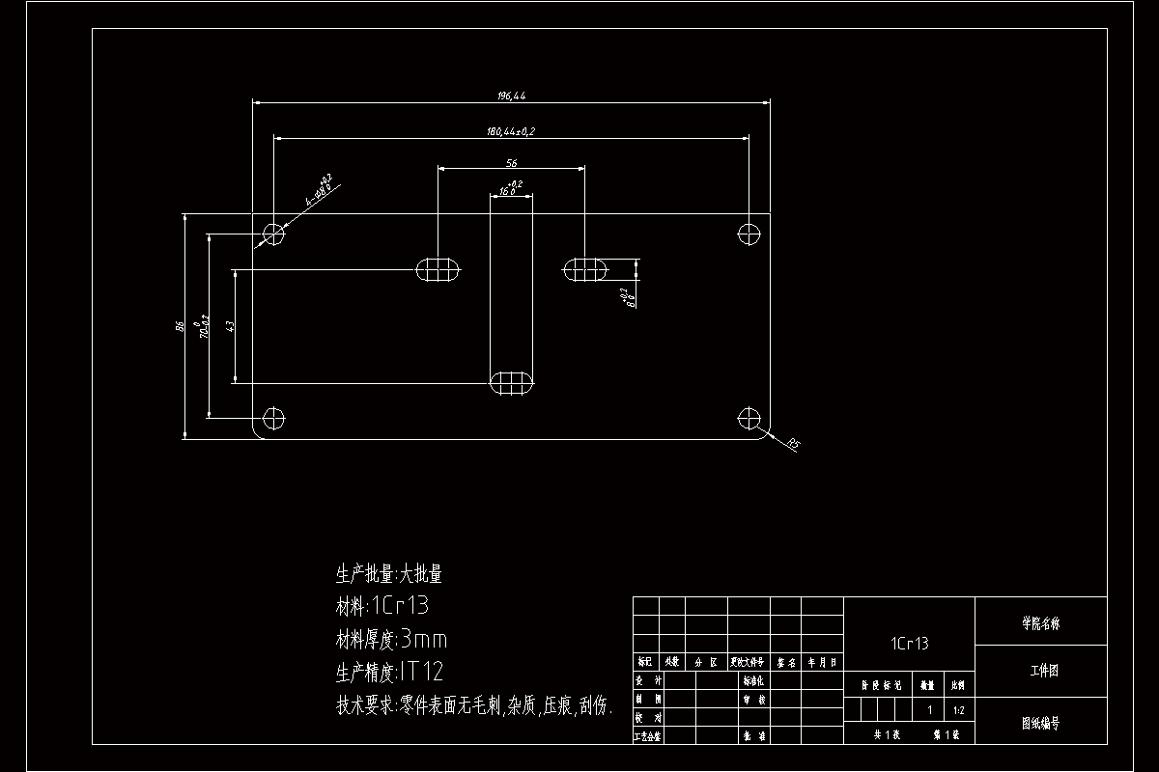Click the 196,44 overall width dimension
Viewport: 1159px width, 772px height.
pos(511,96)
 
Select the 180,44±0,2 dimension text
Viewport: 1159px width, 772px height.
pos(511,131)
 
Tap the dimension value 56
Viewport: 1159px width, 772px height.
pos(511,162)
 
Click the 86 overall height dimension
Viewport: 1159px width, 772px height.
pos(180,326)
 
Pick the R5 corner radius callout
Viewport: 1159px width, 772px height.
pos(794,445)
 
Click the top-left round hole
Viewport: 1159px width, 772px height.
pos(274,233)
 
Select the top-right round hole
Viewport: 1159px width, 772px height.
pos(749,233)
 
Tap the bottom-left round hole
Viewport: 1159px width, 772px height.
pos(274,418)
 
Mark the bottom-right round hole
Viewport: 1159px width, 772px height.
pos(749,418)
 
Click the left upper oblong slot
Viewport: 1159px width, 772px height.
pos(438,269)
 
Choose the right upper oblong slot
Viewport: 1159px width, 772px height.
pos(585,269)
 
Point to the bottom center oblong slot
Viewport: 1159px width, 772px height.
pos(512,383)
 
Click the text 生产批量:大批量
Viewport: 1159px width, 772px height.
pos(388,575)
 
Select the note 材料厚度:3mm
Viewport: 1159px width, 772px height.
pos(391,639)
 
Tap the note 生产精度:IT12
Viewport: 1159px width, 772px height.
pos(389,672)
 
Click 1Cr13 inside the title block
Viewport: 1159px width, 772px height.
pos(909,644)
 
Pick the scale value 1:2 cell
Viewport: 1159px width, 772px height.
pos(958,710)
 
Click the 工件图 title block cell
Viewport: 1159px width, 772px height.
pos(1041,671)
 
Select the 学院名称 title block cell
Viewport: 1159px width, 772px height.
pos(1041,623)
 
